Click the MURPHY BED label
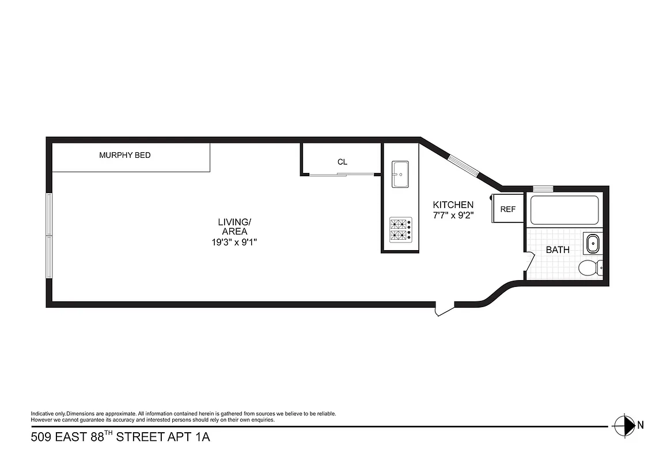pyautogui.click(x=125, y=155)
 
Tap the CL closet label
pyautogui.click(x=342, y=162)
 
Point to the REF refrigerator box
pyautogui.click(x=507, y=209)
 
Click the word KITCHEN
pyautogui.click(x=453, y=205)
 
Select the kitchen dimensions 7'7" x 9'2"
pyautogui.click(x=453, y=215)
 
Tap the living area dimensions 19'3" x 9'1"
pyautogui.click(x=234, y=243)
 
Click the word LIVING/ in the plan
pyautogui.click(x=234, y=222)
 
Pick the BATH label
pyautogui.click(x=558, y=250)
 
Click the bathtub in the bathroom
pyautogui.click(x=564, y=210)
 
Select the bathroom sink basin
pyautogui.click(x=592, y=243)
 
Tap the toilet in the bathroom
pyautogui.click(x=590, y=268)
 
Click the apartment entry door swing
pyautogui.click(x=444, y=309)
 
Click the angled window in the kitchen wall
pyautogui.click(x=464, y=164)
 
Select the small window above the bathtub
pyautogui.click(x=543, y=188)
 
